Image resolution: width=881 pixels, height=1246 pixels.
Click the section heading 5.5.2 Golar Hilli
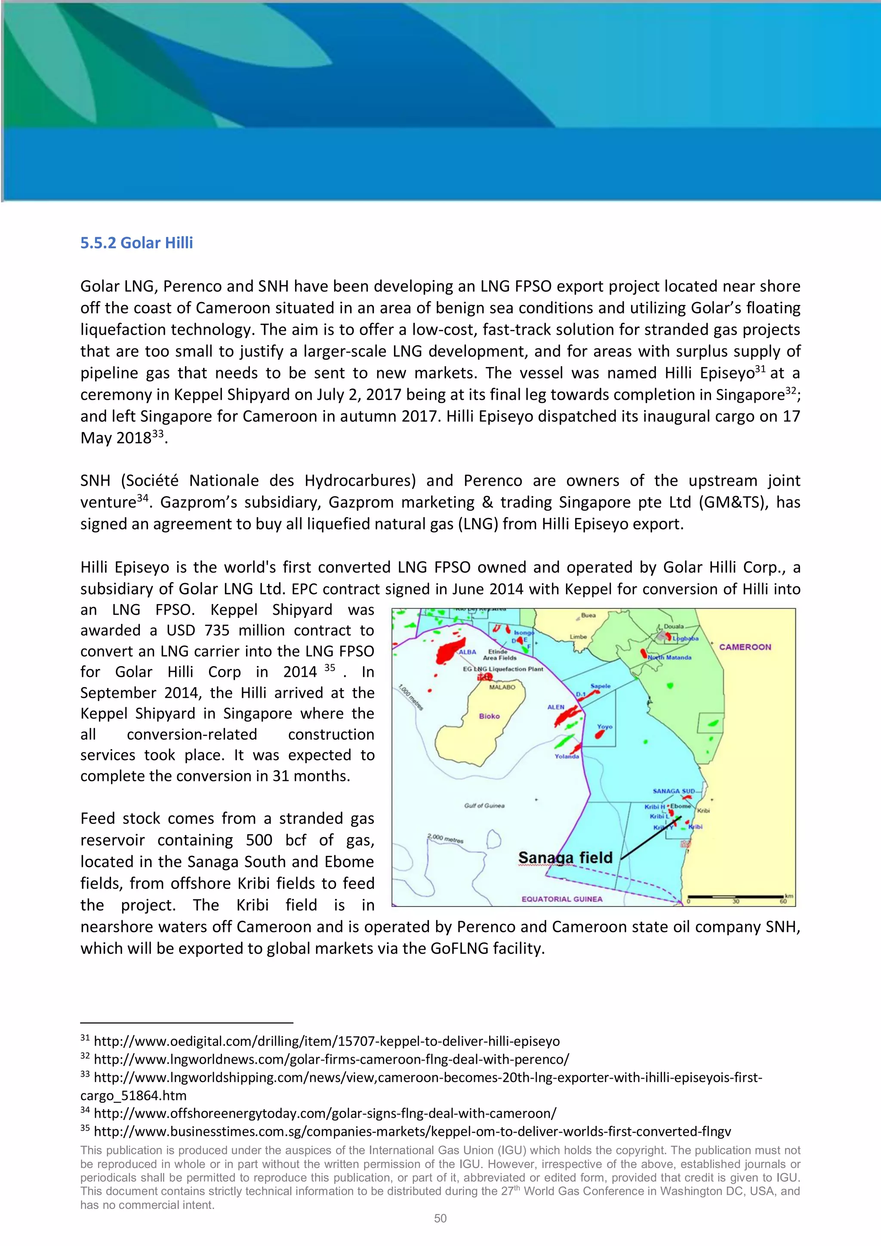coord(136,243)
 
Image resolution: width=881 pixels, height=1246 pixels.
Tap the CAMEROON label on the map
coord(744,647)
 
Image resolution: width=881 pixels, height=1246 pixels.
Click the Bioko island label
coord(489,716)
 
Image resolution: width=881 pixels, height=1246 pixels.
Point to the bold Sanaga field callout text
coord(565,857)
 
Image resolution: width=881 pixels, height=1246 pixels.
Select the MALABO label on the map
coord(502,687)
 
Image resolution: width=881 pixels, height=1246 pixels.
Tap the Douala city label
coord(674,626)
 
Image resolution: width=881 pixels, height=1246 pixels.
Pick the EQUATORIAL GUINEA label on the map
coord(561,899)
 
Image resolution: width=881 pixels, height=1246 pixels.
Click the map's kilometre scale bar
coord(736,896)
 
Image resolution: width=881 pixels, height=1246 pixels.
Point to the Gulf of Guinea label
coord(484,805)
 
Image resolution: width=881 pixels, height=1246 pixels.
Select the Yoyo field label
coord(604,726)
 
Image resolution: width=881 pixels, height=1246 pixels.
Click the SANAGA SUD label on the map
coord(673,791)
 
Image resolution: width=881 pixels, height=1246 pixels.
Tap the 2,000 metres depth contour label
coord(445,839)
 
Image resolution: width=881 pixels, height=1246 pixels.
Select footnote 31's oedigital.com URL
coord(327,1041)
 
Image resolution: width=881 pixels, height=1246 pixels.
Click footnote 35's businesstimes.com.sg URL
coord(412,1132)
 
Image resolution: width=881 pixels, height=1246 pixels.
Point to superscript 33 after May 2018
coord(157,434)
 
